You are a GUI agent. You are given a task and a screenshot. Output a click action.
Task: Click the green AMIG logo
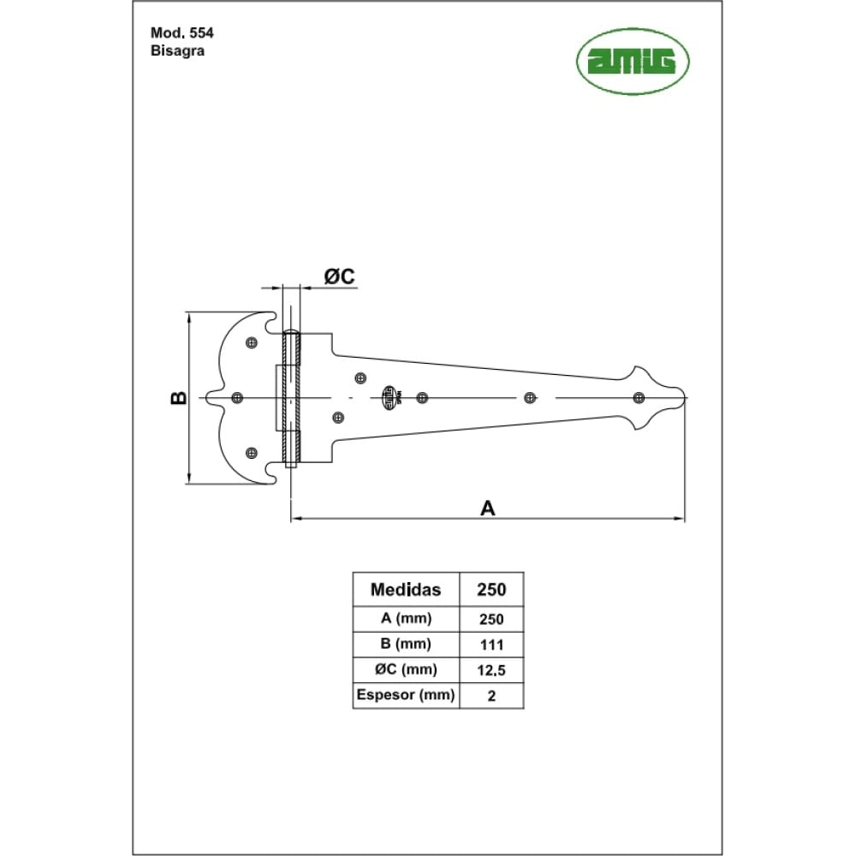(633, 61)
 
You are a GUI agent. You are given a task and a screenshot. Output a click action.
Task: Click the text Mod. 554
(181, 33)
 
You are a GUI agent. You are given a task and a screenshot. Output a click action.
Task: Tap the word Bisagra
(177, 51)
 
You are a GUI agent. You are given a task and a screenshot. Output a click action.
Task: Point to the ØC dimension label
(340, 276)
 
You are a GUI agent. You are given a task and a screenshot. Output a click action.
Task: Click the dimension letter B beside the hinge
(179, 398)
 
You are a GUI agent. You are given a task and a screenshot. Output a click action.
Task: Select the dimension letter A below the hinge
(488, 508)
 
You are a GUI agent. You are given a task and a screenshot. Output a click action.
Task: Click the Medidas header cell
(406, 590)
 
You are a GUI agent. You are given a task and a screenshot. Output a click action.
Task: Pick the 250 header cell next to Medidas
(491, 590)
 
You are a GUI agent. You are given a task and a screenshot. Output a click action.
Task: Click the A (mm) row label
(406, 619)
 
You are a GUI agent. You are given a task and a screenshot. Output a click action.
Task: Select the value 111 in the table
(491, 645)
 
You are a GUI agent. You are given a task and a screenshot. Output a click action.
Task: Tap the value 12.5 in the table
(491, 670)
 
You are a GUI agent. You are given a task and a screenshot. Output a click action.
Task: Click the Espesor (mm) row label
(406, 695)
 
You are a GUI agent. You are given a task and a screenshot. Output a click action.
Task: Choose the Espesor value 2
(492, 696)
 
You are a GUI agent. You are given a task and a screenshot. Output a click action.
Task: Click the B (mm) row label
(406, 645)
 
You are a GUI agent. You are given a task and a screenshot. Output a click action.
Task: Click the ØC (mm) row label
(406, 669)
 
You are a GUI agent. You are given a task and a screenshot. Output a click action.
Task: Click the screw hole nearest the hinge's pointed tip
(639, 397)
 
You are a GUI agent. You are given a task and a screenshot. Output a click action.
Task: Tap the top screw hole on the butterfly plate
(252, 343)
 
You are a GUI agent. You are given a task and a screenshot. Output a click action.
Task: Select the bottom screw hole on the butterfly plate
(252, 453)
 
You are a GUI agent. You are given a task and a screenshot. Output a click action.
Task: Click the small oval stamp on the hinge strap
(389, 397)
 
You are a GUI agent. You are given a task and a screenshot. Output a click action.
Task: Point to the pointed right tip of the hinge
(686, 397)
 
